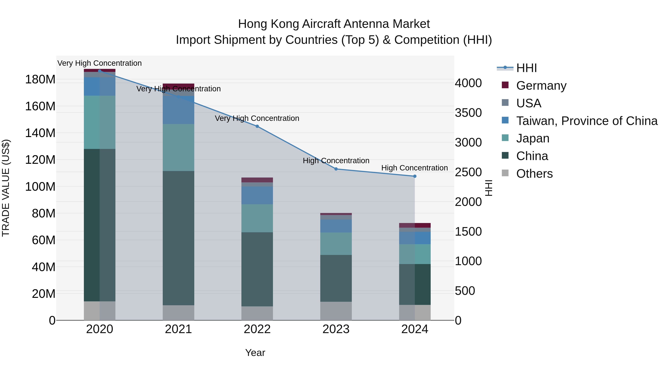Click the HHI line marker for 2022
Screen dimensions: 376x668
click(x=257, y=126)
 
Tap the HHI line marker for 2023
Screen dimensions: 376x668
click(x=336, y=169)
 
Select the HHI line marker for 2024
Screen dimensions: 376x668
click(x=415, y=176)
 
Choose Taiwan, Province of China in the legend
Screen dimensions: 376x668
click(x=587, y=121)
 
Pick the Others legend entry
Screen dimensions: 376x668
click(x=534, y=174)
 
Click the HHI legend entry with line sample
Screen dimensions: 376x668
click(x=526, y=68)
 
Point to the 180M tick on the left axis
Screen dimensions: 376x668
click(x=40, y=79)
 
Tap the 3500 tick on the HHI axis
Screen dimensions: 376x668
click(x=468, y=113)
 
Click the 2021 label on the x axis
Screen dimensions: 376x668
click(x=178, y=329)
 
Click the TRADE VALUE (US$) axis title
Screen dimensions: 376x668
click(x=6, y=188)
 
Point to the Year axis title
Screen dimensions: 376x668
click(x=255, y=353)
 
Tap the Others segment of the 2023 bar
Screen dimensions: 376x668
click(x=336, y=311)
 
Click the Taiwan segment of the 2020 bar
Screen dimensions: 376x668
click(x=100, y=86)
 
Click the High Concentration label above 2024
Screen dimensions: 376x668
click(x=414, y=168)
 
